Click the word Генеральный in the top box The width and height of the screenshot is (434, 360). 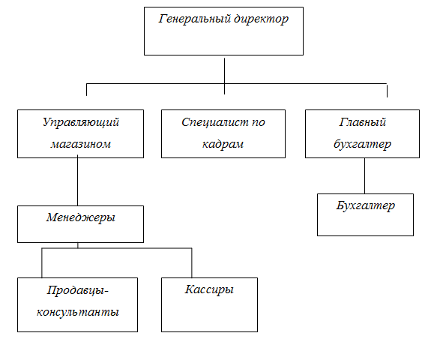tap(195, 19)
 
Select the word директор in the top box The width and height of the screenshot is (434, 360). tap(262, 19)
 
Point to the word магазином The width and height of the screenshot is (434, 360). tap(80, 144)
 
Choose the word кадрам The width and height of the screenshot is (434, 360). tap(223, 144)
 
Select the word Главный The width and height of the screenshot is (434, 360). tap(363, 122)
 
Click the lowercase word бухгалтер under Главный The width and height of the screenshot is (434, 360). tap(362, 144)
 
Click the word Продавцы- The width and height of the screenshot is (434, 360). tap(78, 290)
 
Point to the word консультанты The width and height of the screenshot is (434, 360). tap(78, 312)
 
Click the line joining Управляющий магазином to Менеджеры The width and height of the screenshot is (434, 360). tap(77, 180)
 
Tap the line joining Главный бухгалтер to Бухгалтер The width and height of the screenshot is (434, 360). tap(364, 175)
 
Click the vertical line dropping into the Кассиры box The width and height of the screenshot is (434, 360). tap(192, 262)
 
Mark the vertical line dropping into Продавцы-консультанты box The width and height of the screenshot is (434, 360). tap(42, 262)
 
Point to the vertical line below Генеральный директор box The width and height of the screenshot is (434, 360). tap(224, 76)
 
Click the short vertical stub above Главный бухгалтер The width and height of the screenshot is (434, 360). tap(387, 90)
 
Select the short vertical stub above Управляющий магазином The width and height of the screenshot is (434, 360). tap(86, 90)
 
